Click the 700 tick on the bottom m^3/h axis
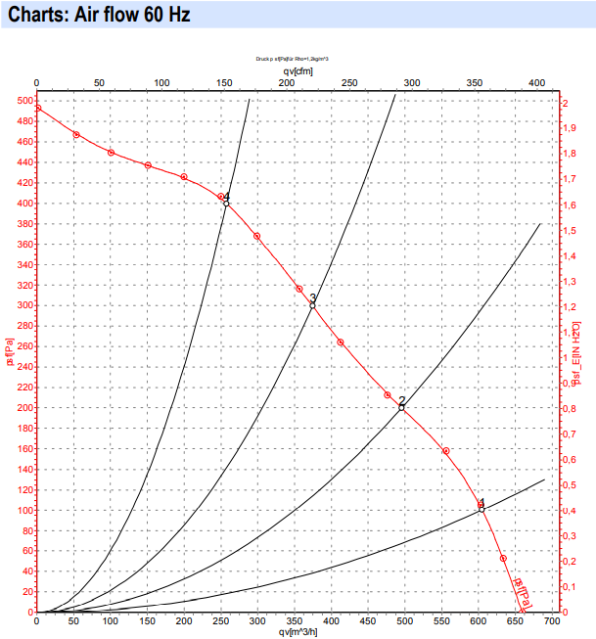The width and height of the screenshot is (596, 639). pos(551,621)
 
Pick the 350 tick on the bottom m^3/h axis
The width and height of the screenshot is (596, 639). pos(294,621)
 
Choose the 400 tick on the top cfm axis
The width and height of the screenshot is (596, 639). pos(536,83)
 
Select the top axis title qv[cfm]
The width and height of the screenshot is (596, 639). pos(298,70)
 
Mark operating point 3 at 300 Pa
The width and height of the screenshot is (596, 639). pos(313,305)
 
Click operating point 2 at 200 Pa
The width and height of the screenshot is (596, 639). pos(401,407)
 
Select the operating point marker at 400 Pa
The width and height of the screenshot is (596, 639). pos(226,203)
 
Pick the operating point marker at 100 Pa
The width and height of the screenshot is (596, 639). pos(481,509)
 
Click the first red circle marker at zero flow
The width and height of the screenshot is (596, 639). pos(37,108)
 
